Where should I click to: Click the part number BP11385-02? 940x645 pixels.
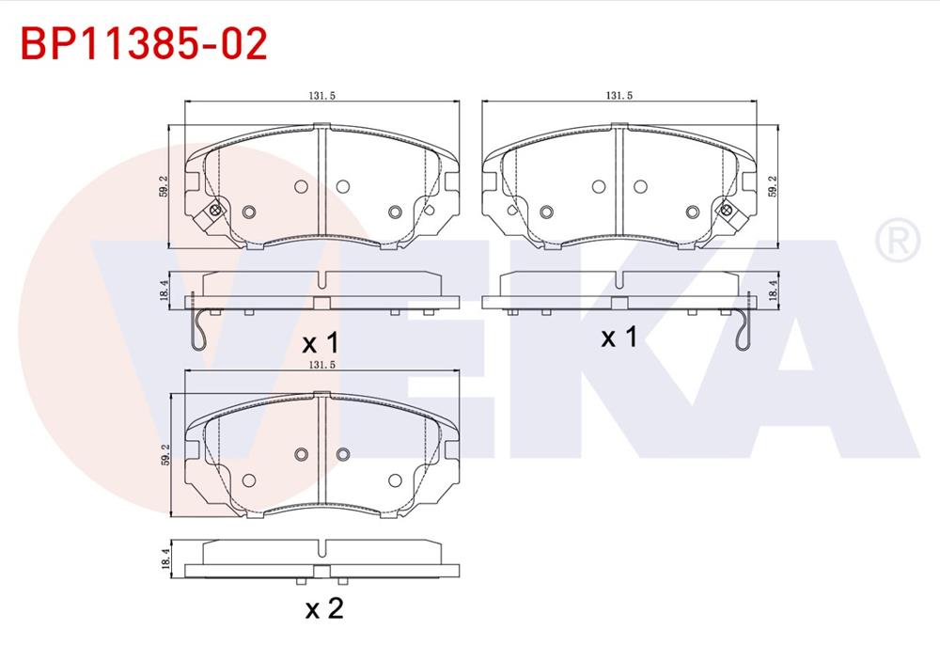144,43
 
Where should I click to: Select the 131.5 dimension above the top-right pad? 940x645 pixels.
618,95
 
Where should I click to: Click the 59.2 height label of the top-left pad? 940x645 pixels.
164,185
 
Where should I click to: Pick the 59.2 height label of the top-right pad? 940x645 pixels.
774,185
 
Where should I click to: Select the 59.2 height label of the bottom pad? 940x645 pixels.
164,455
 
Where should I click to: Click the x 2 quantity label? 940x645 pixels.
324,608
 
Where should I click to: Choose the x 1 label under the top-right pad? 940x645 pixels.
619,337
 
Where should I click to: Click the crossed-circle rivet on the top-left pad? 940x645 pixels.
215,210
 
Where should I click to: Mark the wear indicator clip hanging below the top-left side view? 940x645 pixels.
195,329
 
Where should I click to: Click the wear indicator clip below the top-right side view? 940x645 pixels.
745,329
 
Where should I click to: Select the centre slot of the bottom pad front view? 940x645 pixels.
322,451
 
